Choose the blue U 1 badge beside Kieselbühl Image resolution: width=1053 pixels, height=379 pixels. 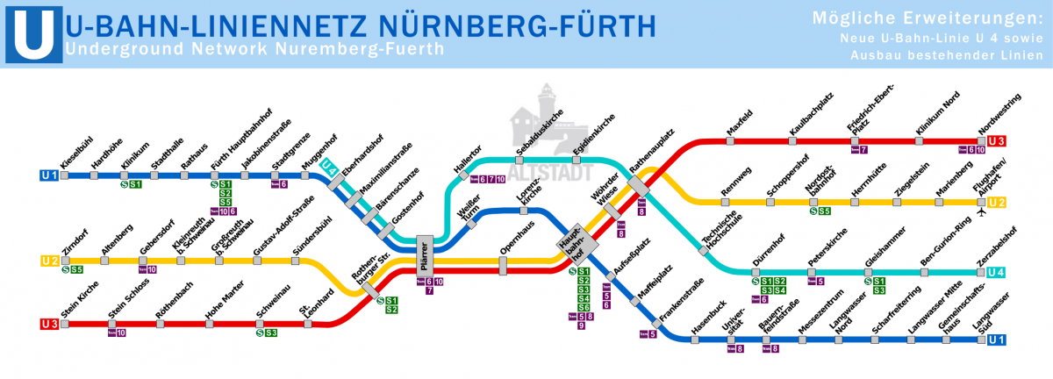click(49, 175)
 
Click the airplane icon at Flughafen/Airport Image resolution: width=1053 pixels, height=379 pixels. click(981, 213)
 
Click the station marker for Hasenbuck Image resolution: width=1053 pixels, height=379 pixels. click(694, 339)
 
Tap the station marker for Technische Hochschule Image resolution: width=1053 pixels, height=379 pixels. click(703, 251)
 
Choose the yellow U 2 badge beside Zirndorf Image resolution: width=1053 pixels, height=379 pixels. click(49, 261)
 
